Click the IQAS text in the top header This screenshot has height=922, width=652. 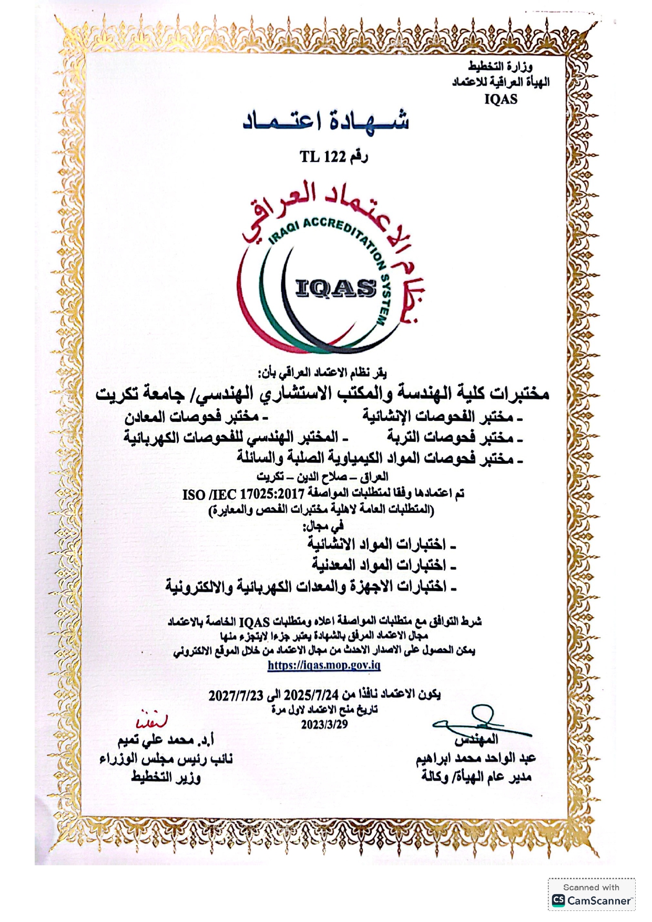[x=501, y=99]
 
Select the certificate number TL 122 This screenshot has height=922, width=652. [x=322, y=157]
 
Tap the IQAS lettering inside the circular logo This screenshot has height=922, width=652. [x=337, y=287]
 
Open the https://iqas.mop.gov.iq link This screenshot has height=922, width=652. [x=324, y=665]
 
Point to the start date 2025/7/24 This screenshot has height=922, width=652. [x=313, y=695]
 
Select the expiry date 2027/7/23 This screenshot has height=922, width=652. [x=236, y=695]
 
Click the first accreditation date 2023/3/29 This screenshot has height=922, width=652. [x=324, y=724]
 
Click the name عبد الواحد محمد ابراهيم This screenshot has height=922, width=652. [x=475, y=758]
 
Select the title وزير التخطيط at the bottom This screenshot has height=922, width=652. [x=166, y=777]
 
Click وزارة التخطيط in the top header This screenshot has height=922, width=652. [x=500, y=67]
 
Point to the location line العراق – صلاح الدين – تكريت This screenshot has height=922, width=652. [x=322, y=476]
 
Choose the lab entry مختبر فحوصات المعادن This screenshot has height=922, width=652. [x=191, y=417]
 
